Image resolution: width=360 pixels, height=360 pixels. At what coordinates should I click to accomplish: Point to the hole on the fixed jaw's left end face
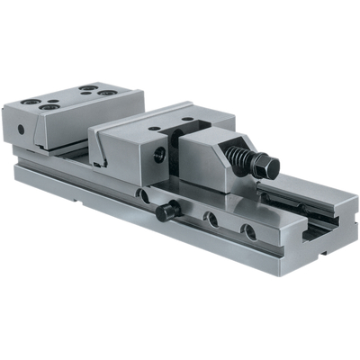click(x=21, y=128)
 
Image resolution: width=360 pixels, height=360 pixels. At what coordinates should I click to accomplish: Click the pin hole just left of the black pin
click(x=142, y=194)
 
